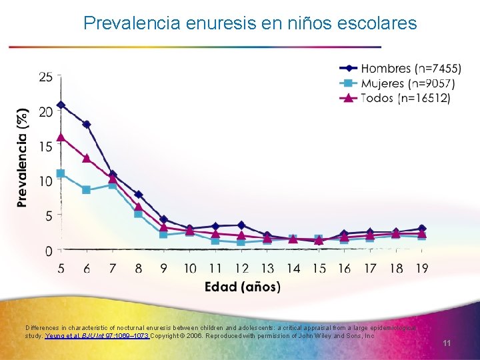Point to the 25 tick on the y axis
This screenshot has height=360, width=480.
pos(46,77)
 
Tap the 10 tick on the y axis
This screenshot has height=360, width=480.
pos(46,181)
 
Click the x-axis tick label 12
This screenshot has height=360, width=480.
pos(241,268)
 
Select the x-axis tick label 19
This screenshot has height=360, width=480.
pos(421,268)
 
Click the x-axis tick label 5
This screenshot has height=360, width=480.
pos(61,268)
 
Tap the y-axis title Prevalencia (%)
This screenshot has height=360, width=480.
pos(23,158)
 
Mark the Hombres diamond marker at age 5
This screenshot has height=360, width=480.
pos(61,105)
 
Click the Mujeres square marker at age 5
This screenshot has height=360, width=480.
pos(61,173)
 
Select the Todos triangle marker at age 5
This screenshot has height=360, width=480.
pos(61,137)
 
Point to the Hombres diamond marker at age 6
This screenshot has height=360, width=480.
pos(87,125)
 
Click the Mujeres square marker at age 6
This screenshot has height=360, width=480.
pos(87,190)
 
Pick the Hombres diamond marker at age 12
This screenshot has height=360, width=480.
pos(241,225)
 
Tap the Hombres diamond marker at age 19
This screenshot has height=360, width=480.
pos(421,229)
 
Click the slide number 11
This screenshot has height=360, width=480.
pos(447,343)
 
